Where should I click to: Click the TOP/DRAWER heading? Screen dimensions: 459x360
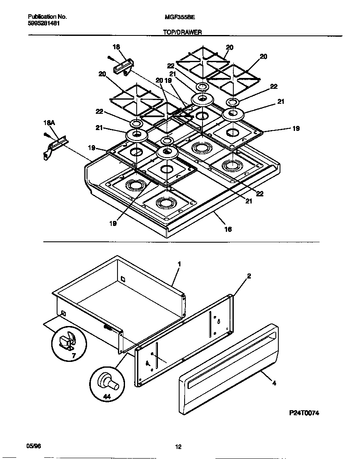click(x=182, y=32)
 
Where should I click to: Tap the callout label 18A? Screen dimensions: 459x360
click(x=49, y=123)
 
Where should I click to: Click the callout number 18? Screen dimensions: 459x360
click(x=116, y=47)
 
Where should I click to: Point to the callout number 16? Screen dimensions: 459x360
click(x=228, y=229)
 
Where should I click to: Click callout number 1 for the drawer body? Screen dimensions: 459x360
click(x=179, y=264)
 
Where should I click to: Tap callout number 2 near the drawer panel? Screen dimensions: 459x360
click(x=249, y=276)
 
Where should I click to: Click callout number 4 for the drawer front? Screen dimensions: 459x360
click(x=274, y=383)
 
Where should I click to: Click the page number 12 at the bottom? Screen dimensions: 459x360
click(x=178, y=447)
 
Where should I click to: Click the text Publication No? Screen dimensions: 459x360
click(x=47, y=17)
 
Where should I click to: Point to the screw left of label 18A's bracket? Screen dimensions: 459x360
click(x=45, y=135)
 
